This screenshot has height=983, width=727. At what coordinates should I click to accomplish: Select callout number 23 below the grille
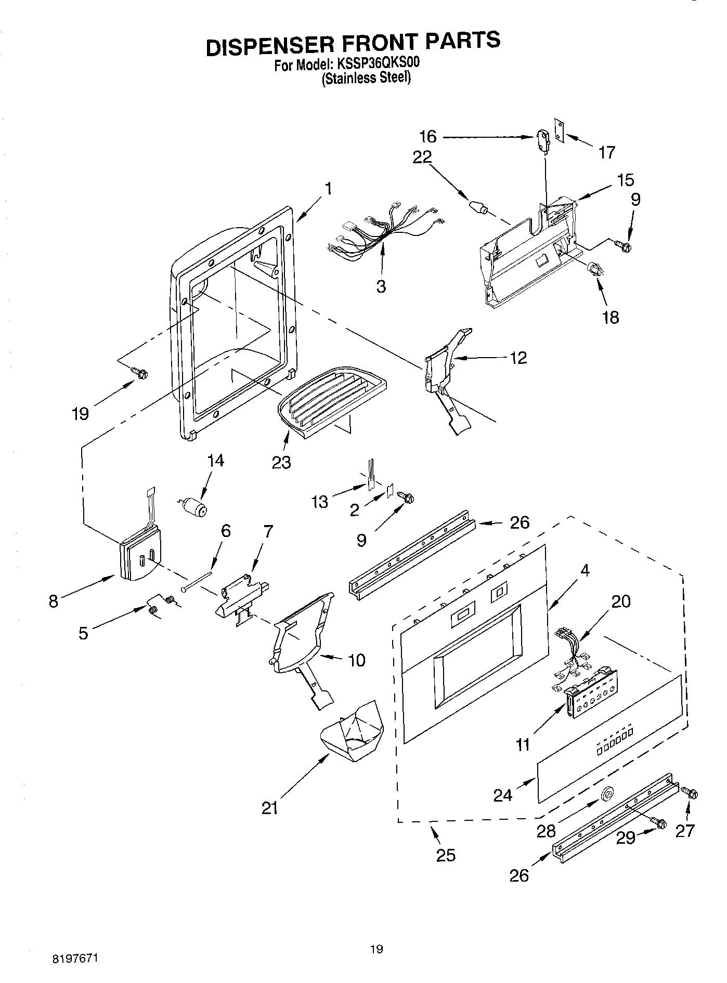pyautogui.click(x=281, y=462)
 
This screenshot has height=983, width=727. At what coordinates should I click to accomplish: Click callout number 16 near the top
pyautogui.click(x=427, y=137)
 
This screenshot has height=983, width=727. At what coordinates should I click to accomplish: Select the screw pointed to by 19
pyautogui.click(x=140, y=372)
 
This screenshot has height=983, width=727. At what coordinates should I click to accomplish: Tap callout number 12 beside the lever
pyautogui.click(x=518, y=358)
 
